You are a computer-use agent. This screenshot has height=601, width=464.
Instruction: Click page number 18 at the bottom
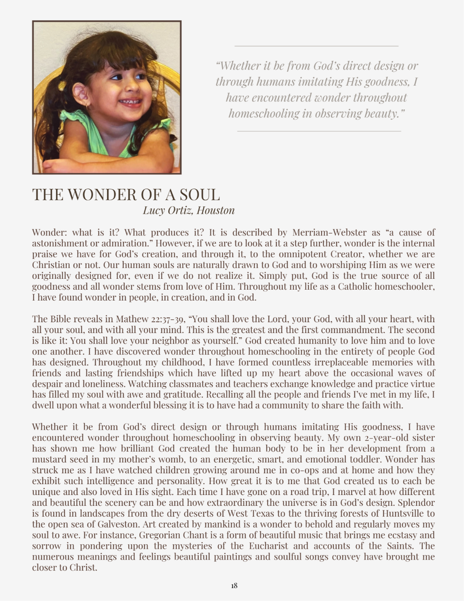tap(234, 586)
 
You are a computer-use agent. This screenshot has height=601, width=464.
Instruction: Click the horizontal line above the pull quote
tap(317, 46)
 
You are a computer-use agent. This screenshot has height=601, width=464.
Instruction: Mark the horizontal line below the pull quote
tap(319, 131)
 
